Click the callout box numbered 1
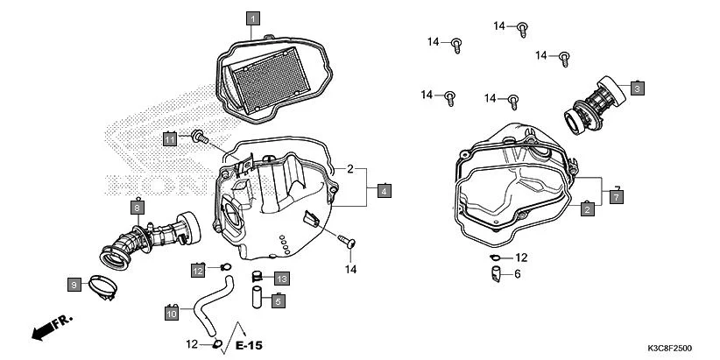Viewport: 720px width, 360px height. coord(252,18)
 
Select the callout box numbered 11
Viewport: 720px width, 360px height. coord(170,138)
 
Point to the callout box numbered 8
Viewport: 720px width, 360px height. coord(138,208)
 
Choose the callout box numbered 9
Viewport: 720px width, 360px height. coord(75,283)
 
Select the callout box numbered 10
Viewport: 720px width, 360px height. coord(173,310)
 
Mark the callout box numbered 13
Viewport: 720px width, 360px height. coord(280,278)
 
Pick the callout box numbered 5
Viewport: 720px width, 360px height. coord(277,301)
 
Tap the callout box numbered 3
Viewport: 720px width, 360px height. coord(638,88)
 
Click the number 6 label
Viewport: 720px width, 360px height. coord(517,274)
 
